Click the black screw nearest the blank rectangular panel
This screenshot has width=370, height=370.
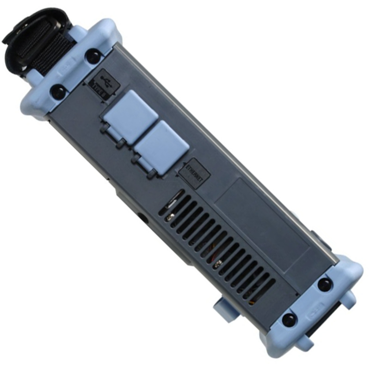pos(325,284)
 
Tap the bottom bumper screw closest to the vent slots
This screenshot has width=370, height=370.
pos(289,319)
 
